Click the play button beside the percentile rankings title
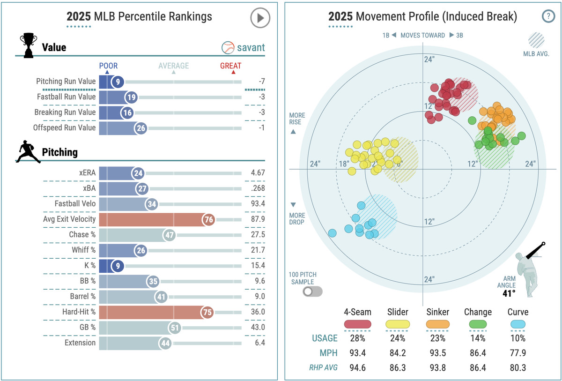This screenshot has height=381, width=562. coord(260,18)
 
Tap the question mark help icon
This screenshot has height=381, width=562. coord(548,16)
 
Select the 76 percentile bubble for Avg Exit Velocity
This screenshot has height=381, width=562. coord(208,219)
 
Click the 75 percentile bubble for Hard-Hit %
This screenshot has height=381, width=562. coord(207,312)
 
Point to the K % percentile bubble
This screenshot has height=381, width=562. coord(117,265)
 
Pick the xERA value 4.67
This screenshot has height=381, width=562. coord(258,172)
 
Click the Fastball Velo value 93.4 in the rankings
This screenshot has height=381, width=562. coord(258,203)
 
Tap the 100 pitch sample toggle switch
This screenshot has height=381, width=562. coord(312,291)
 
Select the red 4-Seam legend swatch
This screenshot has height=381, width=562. coord(358,324)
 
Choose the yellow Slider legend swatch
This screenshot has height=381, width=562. coord(397,324)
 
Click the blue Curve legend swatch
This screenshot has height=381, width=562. coord(518,324)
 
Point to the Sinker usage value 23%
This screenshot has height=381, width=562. coord(438,338)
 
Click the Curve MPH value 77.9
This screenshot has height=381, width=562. coord(518,353)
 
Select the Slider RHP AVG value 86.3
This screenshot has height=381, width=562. coord(397,368)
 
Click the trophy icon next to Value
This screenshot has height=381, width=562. coord(28,45)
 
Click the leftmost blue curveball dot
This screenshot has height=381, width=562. coord(333,232)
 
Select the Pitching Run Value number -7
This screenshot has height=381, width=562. coord(262,82)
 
